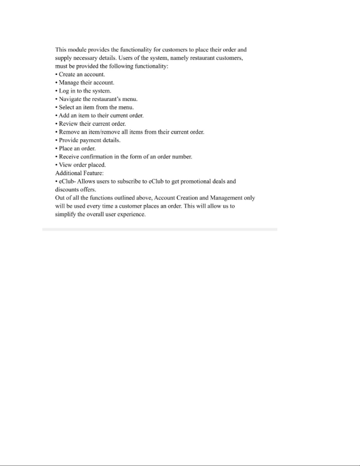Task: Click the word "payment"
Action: point(90,140)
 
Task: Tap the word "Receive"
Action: point(69,157)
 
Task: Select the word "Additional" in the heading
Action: point(67,173)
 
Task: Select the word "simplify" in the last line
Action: point(65,214)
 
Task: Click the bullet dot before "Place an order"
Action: point(56,149)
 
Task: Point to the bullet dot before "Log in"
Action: point(56,91)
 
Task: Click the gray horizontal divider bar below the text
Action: point(160,229)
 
